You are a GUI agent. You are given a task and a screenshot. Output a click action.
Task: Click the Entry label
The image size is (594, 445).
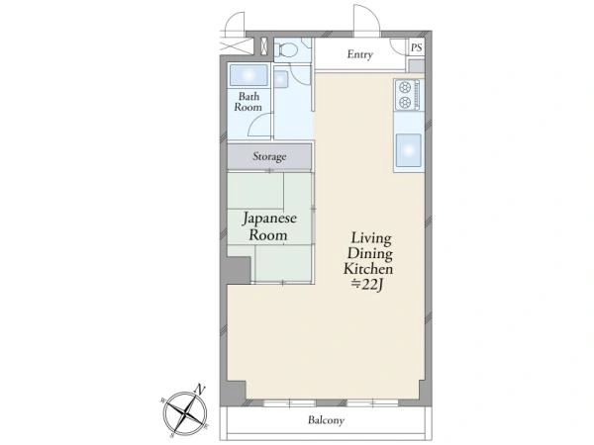360,54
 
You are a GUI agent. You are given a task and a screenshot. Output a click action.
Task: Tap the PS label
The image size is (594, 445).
417,47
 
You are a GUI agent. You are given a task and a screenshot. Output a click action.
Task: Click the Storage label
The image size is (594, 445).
269,156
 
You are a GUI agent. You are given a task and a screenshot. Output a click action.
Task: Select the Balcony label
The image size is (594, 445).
326,420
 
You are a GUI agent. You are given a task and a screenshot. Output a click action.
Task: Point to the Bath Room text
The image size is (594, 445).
248,102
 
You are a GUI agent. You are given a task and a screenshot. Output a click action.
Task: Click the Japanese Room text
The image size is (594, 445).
269,226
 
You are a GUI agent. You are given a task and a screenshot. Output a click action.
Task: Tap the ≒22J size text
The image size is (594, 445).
367,285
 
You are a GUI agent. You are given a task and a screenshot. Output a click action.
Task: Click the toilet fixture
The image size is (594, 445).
286,50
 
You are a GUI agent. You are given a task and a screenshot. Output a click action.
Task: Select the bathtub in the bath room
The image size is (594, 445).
248,75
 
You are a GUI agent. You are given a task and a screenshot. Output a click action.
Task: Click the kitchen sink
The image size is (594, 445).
408,150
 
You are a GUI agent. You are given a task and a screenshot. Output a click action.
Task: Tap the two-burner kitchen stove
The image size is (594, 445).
408,95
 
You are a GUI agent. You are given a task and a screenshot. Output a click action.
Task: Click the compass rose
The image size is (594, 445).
185,412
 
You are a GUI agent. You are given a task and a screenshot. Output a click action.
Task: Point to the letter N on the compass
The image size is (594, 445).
200,389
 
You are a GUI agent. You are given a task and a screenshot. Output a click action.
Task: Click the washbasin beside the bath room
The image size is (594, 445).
281,79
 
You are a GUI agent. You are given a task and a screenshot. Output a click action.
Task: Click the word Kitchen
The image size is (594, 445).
368,269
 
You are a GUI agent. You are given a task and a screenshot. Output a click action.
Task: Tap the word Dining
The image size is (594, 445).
369,253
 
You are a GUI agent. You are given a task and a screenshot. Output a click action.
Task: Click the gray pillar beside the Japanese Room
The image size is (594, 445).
237,270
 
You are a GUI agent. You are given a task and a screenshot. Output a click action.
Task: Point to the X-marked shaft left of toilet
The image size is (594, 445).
264,46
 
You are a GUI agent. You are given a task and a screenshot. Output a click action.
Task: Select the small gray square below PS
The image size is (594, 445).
417,66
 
